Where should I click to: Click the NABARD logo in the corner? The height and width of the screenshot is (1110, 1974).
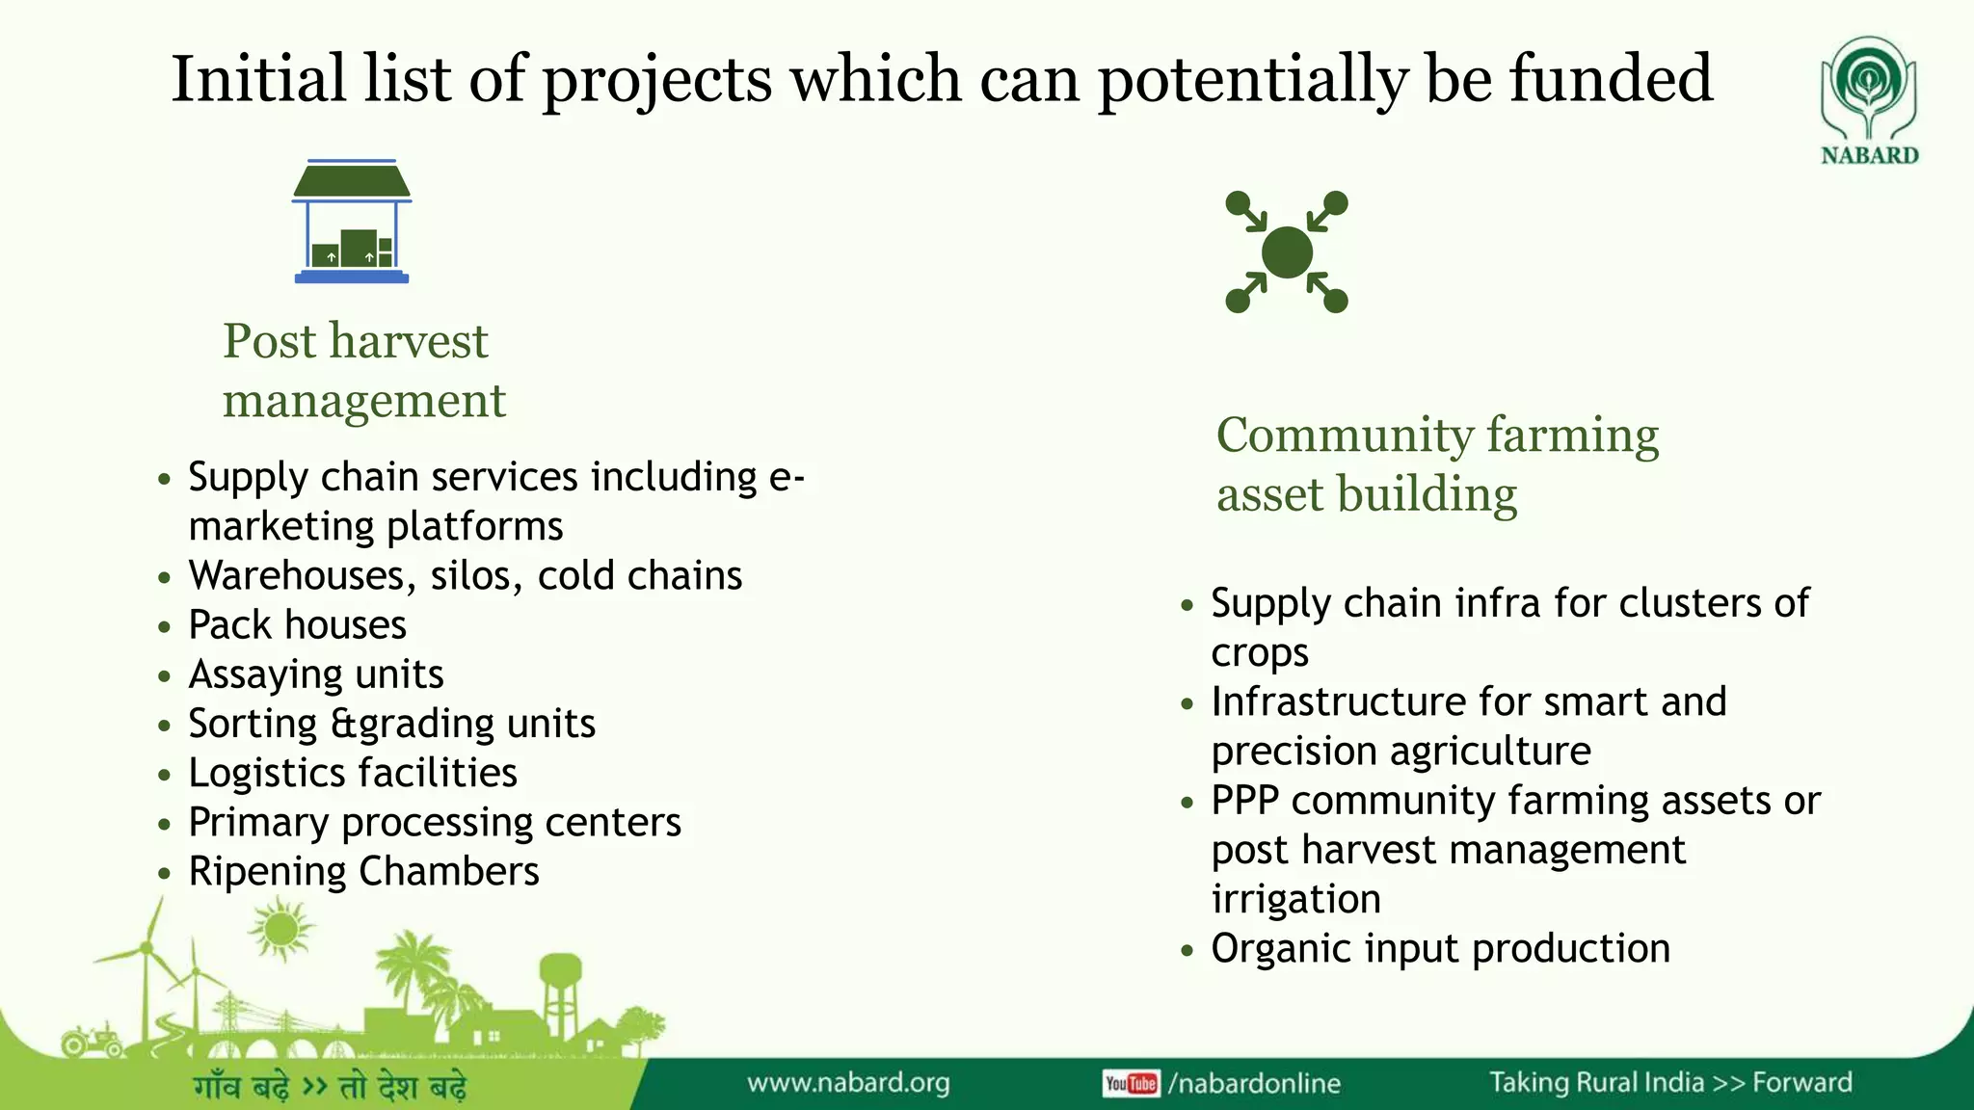(x=1868, y=100)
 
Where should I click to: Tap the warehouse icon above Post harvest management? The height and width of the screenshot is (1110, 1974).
(x=352, y=222)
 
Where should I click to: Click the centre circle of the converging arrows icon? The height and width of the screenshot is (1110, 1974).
(x=1287, y=252)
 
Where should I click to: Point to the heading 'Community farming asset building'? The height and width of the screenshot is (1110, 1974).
(x=1436, y=464)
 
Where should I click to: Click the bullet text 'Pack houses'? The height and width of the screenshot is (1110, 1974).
(x=297, y=625)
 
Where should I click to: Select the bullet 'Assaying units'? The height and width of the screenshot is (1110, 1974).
(x=316, y=674)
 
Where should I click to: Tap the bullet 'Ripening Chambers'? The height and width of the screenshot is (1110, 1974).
(x=363, y=872)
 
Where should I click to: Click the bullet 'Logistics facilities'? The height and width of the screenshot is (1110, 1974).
(x=353, y=774)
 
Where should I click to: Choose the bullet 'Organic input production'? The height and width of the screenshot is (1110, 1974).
(x=1440, y=949)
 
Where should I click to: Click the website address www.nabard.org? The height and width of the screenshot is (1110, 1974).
(x=848, y=1083)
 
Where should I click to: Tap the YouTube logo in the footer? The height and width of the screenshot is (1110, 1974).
(x=1131, y=1084)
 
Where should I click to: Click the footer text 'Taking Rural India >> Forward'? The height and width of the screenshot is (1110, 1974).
(x=1670, y=1083)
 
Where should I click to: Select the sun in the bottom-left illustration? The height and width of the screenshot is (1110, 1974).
(x=280, y=930)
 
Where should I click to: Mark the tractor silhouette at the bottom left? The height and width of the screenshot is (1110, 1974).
(x=92, y=1041)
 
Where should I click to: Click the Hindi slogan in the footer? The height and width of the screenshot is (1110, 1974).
(x=330, y=1087)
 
